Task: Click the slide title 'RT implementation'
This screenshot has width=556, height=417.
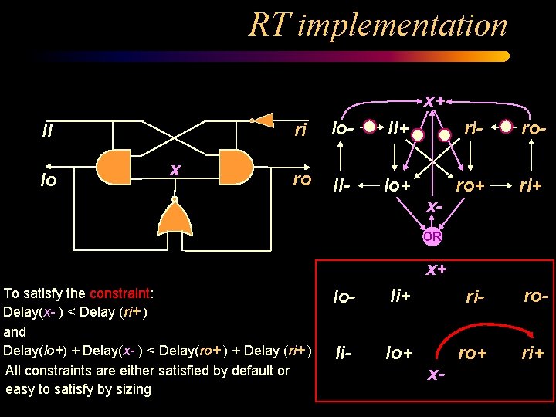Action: tap(378, 25)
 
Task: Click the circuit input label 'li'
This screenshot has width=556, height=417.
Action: tap(47, 133)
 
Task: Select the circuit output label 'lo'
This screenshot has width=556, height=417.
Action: tap(48, 181)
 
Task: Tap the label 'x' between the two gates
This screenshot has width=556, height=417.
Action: tap(175, 168)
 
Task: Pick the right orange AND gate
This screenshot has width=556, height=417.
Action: tap(236, 164)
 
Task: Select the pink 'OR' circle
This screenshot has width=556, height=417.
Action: tap(432, 237)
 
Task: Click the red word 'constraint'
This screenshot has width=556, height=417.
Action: tap(121, 293)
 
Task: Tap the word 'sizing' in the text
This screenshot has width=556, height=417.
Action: tap(132, 389)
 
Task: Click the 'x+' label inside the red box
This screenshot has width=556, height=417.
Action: tap(436, 269)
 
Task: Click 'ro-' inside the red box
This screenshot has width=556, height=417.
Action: tap(536, 295)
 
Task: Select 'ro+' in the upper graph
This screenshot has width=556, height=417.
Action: tap(470, 185)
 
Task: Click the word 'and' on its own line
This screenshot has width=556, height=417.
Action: tap(15, 332)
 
